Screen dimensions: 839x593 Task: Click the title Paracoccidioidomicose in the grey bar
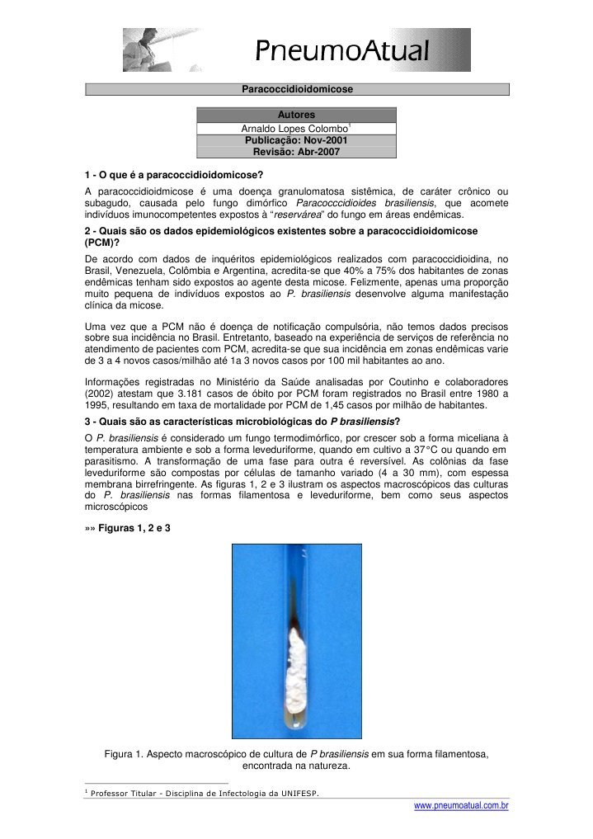[297, 87]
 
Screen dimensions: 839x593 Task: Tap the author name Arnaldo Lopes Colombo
[294, 129]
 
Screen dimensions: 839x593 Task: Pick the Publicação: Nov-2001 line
[296, 140]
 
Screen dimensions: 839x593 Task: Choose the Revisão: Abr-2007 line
[296, 152]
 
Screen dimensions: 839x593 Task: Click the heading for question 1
[174, 176]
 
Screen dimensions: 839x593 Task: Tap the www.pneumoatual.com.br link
[461, 804]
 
